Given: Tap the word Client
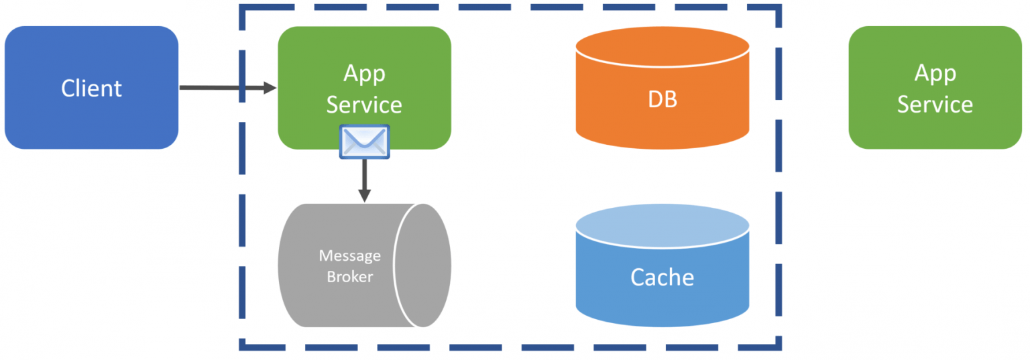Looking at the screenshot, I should pos(91,88).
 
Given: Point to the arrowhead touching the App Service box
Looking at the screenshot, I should pos(270,88).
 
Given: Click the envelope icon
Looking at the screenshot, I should pos(364,141).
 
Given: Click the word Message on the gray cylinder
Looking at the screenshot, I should pos(349,255).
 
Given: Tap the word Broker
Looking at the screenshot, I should pos(349,276).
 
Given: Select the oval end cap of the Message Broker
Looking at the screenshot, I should pos(422,265).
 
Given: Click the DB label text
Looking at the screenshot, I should pos(662,100).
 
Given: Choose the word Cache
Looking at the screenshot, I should pos(662,277).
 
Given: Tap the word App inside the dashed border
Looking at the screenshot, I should pos(364,73).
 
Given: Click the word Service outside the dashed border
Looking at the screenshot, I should pos(935,105).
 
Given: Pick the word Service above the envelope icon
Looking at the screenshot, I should pos(364,105).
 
